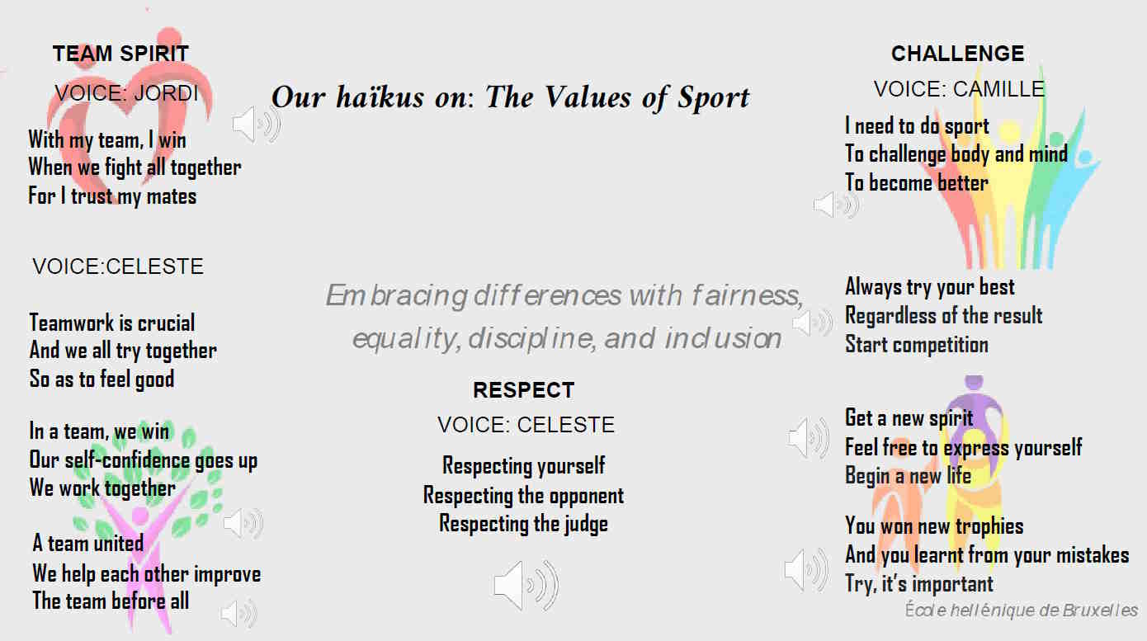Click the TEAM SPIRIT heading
120,54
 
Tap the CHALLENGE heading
958,54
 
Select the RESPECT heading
523,390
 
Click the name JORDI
166,93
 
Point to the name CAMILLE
999,89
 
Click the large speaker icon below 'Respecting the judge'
526,585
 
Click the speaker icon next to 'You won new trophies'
806,570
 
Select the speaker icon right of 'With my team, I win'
257,124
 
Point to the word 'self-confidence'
128,460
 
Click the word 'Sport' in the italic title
713,97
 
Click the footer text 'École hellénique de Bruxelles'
1021,610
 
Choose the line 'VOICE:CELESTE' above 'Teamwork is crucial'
118,266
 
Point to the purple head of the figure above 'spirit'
974,382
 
